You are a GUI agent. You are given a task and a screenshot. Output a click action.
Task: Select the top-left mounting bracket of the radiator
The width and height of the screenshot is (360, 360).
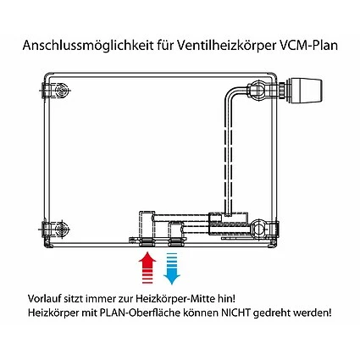(57, 89)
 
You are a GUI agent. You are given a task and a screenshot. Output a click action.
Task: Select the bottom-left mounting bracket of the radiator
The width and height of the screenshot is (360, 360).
(57, 226)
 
